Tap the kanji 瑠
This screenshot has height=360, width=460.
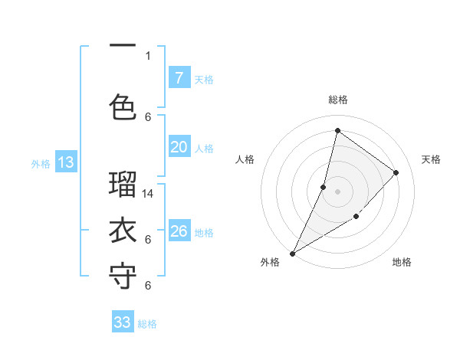tap(123, 185)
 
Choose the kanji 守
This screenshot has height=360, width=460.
tap(123, 277)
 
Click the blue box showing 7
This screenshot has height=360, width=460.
tap(179, 77)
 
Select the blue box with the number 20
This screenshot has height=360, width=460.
tap(179, 147)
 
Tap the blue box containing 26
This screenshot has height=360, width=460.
tap(179, 231)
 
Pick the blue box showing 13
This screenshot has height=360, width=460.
tap(65, 162)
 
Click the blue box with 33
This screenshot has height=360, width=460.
tap(123, 322)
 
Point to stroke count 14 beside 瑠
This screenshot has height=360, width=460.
tap(149, 194)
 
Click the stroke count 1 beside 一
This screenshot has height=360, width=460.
tap(148, 55)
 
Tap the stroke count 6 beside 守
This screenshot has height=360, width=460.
tap(148, 285)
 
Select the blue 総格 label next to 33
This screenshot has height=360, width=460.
tap(147, 324)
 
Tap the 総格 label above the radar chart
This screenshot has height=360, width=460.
tap(337, 100)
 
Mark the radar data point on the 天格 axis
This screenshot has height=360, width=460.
tap(396, 172)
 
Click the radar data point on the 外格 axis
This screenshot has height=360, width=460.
tap(292, 253)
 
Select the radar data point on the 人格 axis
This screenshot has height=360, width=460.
tap(324, 187)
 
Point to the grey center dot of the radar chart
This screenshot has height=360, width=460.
tap(337, 191)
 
